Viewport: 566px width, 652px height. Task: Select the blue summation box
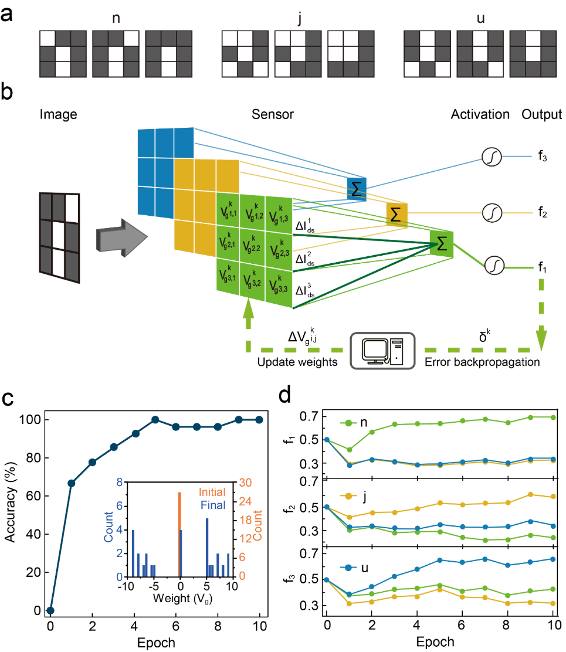pos(356,186)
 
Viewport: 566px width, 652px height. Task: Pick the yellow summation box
pos(396,214)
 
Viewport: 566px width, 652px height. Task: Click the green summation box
pos(442,242)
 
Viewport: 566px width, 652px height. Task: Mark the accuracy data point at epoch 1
pos(71,483)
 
